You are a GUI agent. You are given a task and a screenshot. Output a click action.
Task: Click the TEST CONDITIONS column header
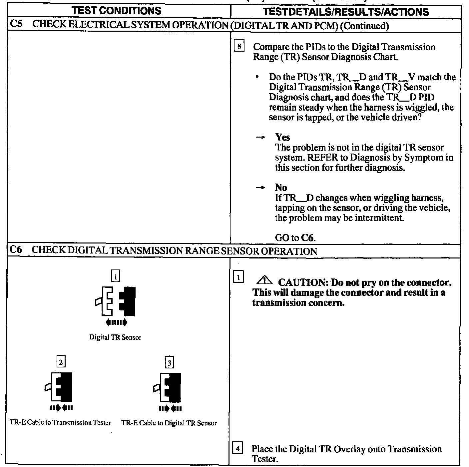click(117, 11)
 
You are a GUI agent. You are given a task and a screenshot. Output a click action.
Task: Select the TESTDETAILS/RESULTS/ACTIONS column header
click(345, 12)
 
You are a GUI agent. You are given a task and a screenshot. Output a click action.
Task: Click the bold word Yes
click(282, 137)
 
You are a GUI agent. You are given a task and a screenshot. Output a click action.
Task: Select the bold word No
click(281, 187)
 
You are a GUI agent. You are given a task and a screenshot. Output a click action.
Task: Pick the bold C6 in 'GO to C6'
click(308, 238)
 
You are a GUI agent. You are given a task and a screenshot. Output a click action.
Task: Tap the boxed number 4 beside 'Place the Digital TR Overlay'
click(237, 448)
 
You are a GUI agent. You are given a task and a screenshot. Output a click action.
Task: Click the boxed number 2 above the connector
click(61, 361)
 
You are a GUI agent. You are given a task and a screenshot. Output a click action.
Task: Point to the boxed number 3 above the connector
click(170, 362)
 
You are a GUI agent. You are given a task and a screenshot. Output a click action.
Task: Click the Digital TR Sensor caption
click(115, 337)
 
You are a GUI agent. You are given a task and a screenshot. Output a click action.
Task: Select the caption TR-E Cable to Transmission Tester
click(60, 423)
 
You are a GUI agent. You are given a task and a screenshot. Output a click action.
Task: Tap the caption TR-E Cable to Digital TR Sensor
click(169, 423)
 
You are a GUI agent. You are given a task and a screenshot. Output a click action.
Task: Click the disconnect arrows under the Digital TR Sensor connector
click(116, 322)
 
